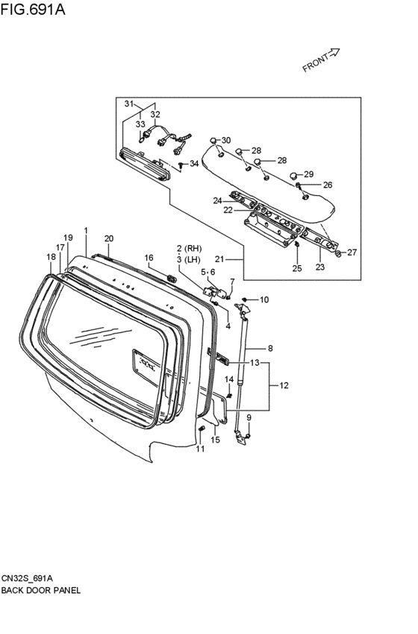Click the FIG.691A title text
32,9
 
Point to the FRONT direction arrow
332,53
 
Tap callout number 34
194,164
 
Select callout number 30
226,140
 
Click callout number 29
308,174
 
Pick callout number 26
328,185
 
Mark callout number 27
352,253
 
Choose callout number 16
149,258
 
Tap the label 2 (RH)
189,248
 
